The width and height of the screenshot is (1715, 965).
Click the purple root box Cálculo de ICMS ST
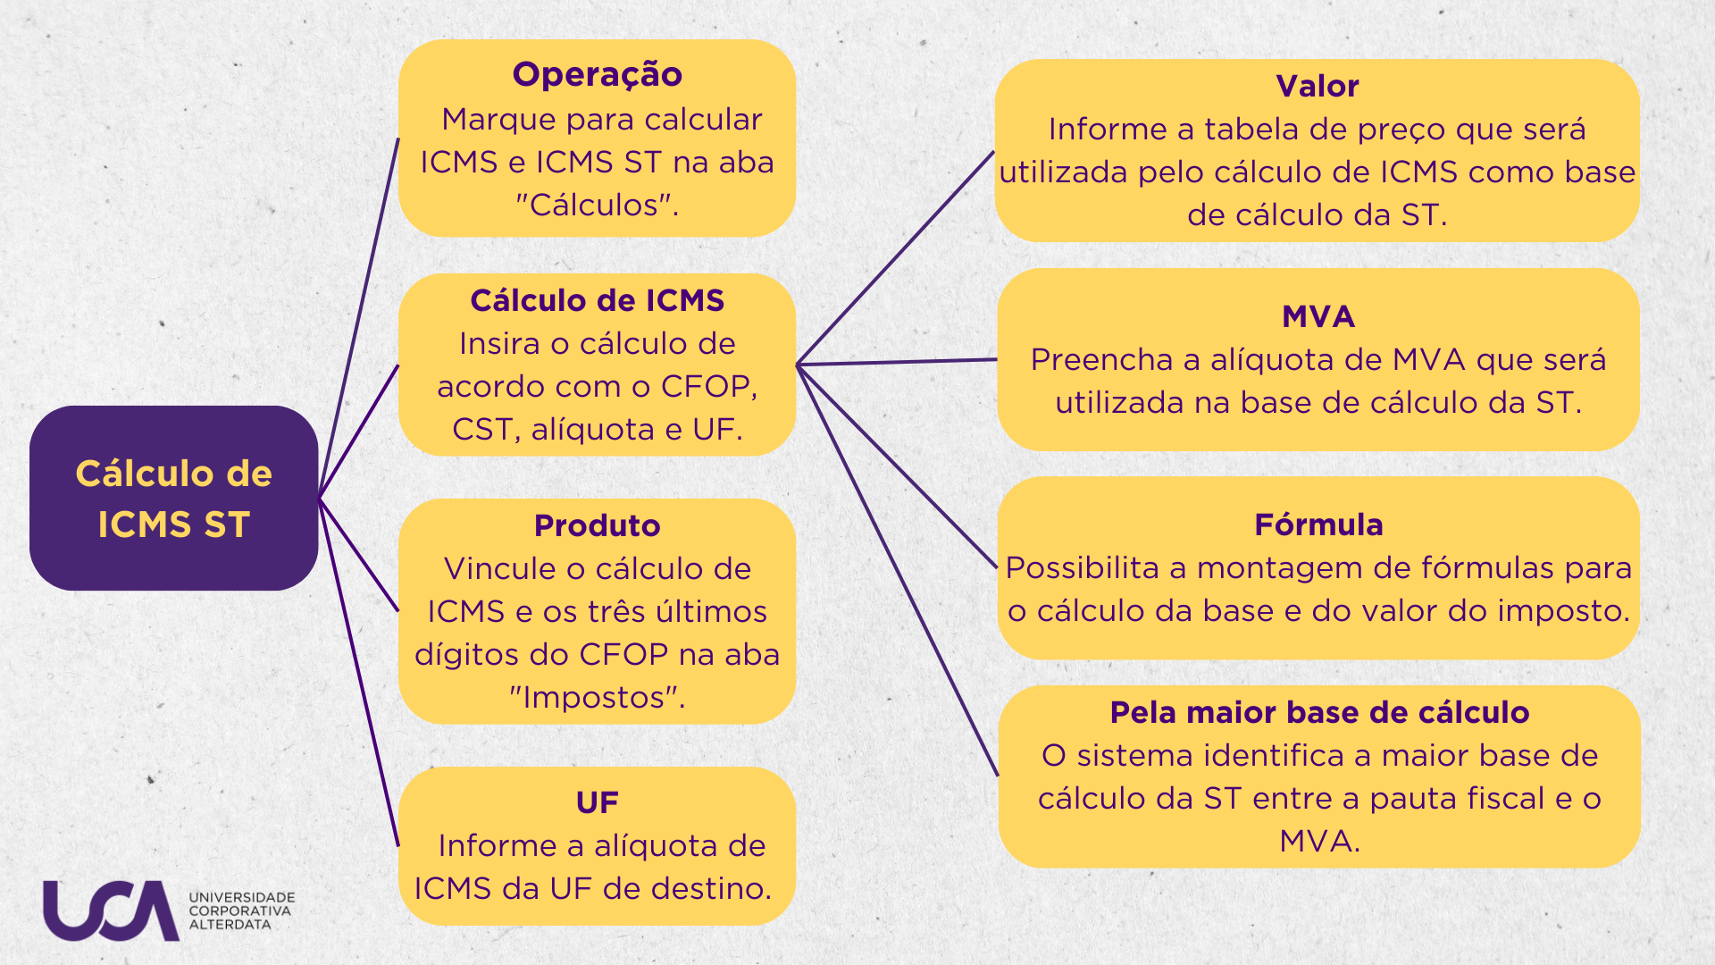point(174,498)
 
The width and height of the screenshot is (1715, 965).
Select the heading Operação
point(597,75)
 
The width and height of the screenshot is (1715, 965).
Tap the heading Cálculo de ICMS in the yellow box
point(597,300)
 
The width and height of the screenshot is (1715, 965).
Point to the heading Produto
point(597,525)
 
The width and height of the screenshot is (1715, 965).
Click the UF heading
point(597,802)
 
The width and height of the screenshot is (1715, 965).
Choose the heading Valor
point(1318,86)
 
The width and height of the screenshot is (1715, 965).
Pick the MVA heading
point(1318,316)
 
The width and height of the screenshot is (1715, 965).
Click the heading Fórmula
point(1318,524)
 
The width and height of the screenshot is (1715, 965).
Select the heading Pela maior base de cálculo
point(1319,712)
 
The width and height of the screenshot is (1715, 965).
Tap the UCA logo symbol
point(111,910)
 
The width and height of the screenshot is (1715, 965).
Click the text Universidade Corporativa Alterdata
point(241,910)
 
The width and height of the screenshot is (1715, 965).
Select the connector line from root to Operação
point(359,317)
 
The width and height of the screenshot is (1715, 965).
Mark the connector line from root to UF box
point(359,671)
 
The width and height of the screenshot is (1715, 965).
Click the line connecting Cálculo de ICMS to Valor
point(895,257)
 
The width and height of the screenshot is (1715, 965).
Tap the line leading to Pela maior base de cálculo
point(897,570)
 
